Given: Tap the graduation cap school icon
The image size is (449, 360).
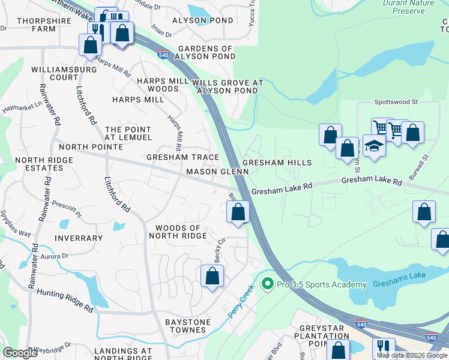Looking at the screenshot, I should click(x=374, y=146).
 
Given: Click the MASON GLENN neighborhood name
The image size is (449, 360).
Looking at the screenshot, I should click(x=217, y=172).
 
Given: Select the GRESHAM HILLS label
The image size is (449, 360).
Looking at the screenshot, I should click(x=277, y=163).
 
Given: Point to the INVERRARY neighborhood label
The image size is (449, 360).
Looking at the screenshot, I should click(x=78, y=238).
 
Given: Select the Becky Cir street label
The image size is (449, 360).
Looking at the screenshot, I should click(x=220, y=251).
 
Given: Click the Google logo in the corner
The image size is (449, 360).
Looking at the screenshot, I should click(x=20, y=353).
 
